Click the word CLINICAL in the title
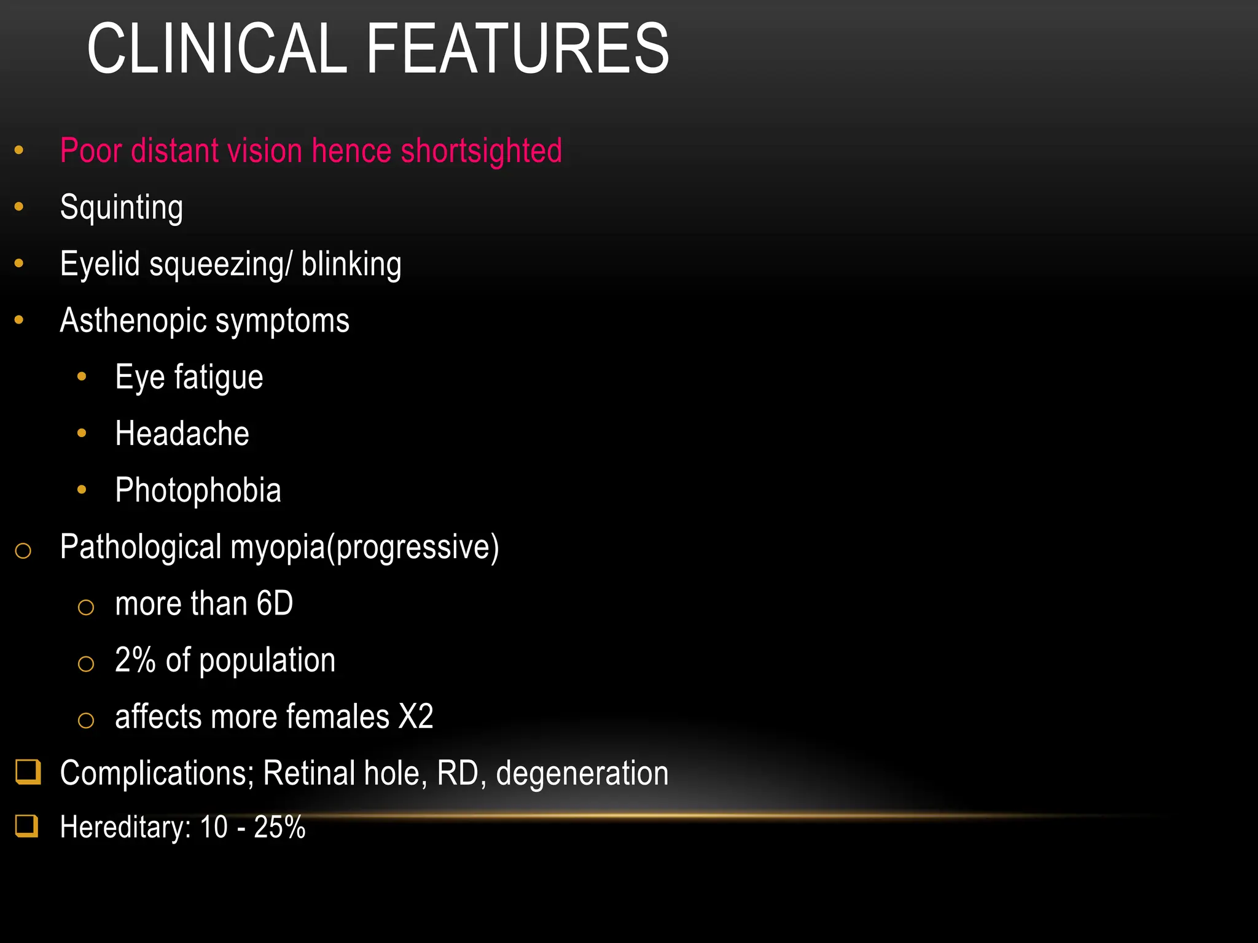[x=217, y=49]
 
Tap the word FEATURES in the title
[x=517, y=49]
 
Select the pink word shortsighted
[x=481, y=151]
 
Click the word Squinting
[x=122, y=208]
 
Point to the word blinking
[x=351, y=264]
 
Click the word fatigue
[x=219, y=377]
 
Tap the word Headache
[x=182, y=433]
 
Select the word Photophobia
[x=198, y=490]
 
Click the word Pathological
[x=141, y=547]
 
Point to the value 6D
[x=275, y=603]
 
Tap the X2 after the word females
[x=416, y=716]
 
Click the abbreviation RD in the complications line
[x=458, y=773]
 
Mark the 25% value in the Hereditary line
[x=279, y=827]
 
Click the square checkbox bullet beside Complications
[x=28, y=772]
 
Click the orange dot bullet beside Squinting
[x=19, y=208]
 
